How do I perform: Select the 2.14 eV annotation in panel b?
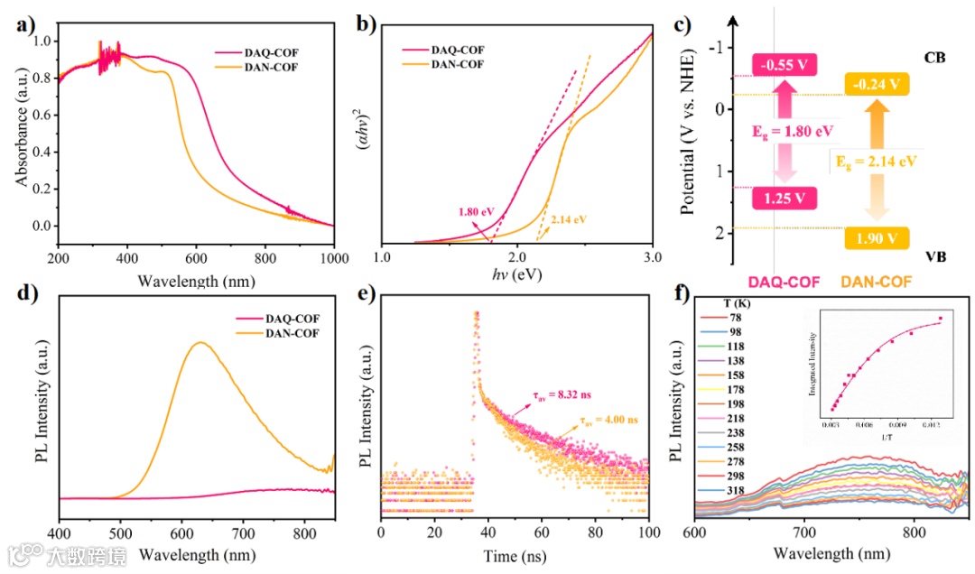click(x=568, y=219)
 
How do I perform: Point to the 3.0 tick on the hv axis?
click(x=652, y=258)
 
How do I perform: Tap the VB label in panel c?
click(x=935, y=256)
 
